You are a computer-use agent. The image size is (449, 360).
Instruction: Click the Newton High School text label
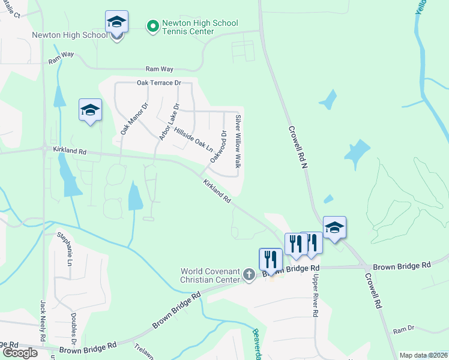click(x=70, y=35)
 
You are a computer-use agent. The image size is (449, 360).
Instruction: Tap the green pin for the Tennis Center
click(x=152, y=26)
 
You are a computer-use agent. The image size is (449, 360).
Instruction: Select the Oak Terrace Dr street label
click(x=158, y=83)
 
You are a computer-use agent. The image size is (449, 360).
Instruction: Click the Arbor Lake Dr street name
click(x=170, y=122)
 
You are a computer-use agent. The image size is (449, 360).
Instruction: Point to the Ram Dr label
click(x=403, y=329)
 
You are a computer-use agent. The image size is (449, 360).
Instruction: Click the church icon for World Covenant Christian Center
click(x=250, y=275)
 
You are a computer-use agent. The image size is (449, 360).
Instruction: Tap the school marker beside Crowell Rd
click(x=334, y=227)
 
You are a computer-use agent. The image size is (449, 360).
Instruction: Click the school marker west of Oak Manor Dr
click(x=90, y=110)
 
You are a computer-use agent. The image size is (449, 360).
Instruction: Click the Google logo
click(x=19, y=353)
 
